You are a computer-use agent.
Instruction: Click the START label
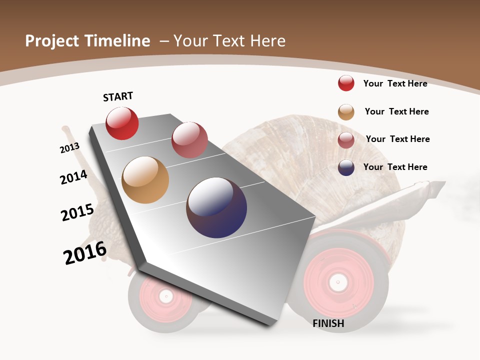coord(118,96)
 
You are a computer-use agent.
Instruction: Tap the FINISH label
coord(328,323)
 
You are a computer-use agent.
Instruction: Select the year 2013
coord(69,148)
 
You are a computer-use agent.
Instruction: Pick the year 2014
coord(73,177)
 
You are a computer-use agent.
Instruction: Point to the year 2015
coord(77,212)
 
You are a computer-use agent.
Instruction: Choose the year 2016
coord(85,253)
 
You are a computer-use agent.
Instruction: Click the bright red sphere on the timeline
coord(122,123)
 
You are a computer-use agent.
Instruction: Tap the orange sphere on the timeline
coord(145,180)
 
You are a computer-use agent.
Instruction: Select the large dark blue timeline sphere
coord(216,207)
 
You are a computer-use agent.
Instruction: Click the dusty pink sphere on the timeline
coord(189,140)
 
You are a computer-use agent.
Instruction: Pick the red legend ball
coord(346,83)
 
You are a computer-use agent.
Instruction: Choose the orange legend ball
coord(346,112)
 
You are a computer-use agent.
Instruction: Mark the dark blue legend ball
coord(346,167)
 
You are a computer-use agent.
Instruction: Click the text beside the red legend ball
coord(395,83)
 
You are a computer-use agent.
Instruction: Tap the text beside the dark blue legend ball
coord(395,167)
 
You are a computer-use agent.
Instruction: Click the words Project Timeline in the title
coord(87,41)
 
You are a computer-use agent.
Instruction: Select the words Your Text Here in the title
coord(229,41)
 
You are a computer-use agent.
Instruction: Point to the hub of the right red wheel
coord(338,282)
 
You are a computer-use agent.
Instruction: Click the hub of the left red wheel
coord(165,296)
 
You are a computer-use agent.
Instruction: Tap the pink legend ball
coord(346,140)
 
